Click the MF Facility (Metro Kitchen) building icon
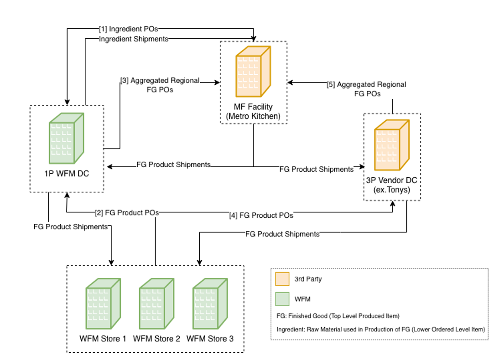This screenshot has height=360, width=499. click(x=253, y=72)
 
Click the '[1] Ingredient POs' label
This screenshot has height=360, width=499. click(x=129, y=29)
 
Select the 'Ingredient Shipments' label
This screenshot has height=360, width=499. click(x=133, y=39)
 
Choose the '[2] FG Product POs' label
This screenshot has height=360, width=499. click(x=127, y=212)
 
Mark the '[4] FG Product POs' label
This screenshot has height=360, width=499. click(x=261, y=215)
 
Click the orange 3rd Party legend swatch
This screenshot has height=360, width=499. click(x=282, y=279)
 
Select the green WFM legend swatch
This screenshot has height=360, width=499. click(x=282, y=299)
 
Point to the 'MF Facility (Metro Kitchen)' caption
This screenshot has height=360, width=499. click(x=253, y=112)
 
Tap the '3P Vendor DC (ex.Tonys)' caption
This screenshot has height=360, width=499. click(x=392, y=185)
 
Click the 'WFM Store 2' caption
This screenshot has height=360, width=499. click(x=156, y=339)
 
